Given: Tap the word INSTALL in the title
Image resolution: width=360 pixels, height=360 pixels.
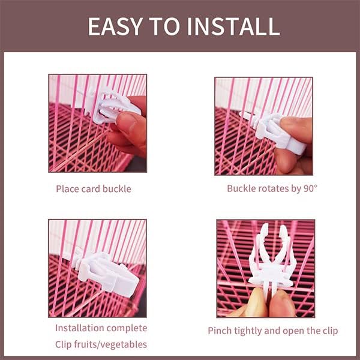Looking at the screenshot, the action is [x=233, y=26].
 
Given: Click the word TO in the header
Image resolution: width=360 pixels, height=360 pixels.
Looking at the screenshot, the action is [x=164, y=26].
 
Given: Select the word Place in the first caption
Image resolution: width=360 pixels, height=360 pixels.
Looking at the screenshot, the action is [x=67, y=189].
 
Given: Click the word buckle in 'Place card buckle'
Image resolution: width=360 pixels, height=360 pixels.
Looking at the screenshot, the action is [x=117, y=189].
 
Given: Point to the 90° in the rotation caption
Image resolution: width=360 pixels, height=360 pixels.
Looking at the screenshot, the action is [x=310, y=188].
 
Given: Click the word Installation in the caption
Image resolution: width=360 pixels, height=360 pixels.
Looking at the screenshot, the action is [x=80, y=328].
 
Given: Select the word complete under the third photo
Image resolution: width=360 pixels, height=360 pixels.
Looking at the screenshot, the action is [x=127, y=328].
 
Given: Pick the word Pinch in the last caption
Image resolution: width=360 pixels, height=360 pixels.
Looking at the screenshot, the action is [x=219, y=331].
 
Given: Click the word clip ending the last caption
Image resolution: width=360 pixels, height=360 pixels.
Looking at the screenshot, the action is [x=331, y=331].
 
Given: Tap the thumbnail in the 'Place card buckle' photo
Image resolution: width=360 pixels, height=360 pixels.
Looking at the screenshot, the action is [x=126, y=122].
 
